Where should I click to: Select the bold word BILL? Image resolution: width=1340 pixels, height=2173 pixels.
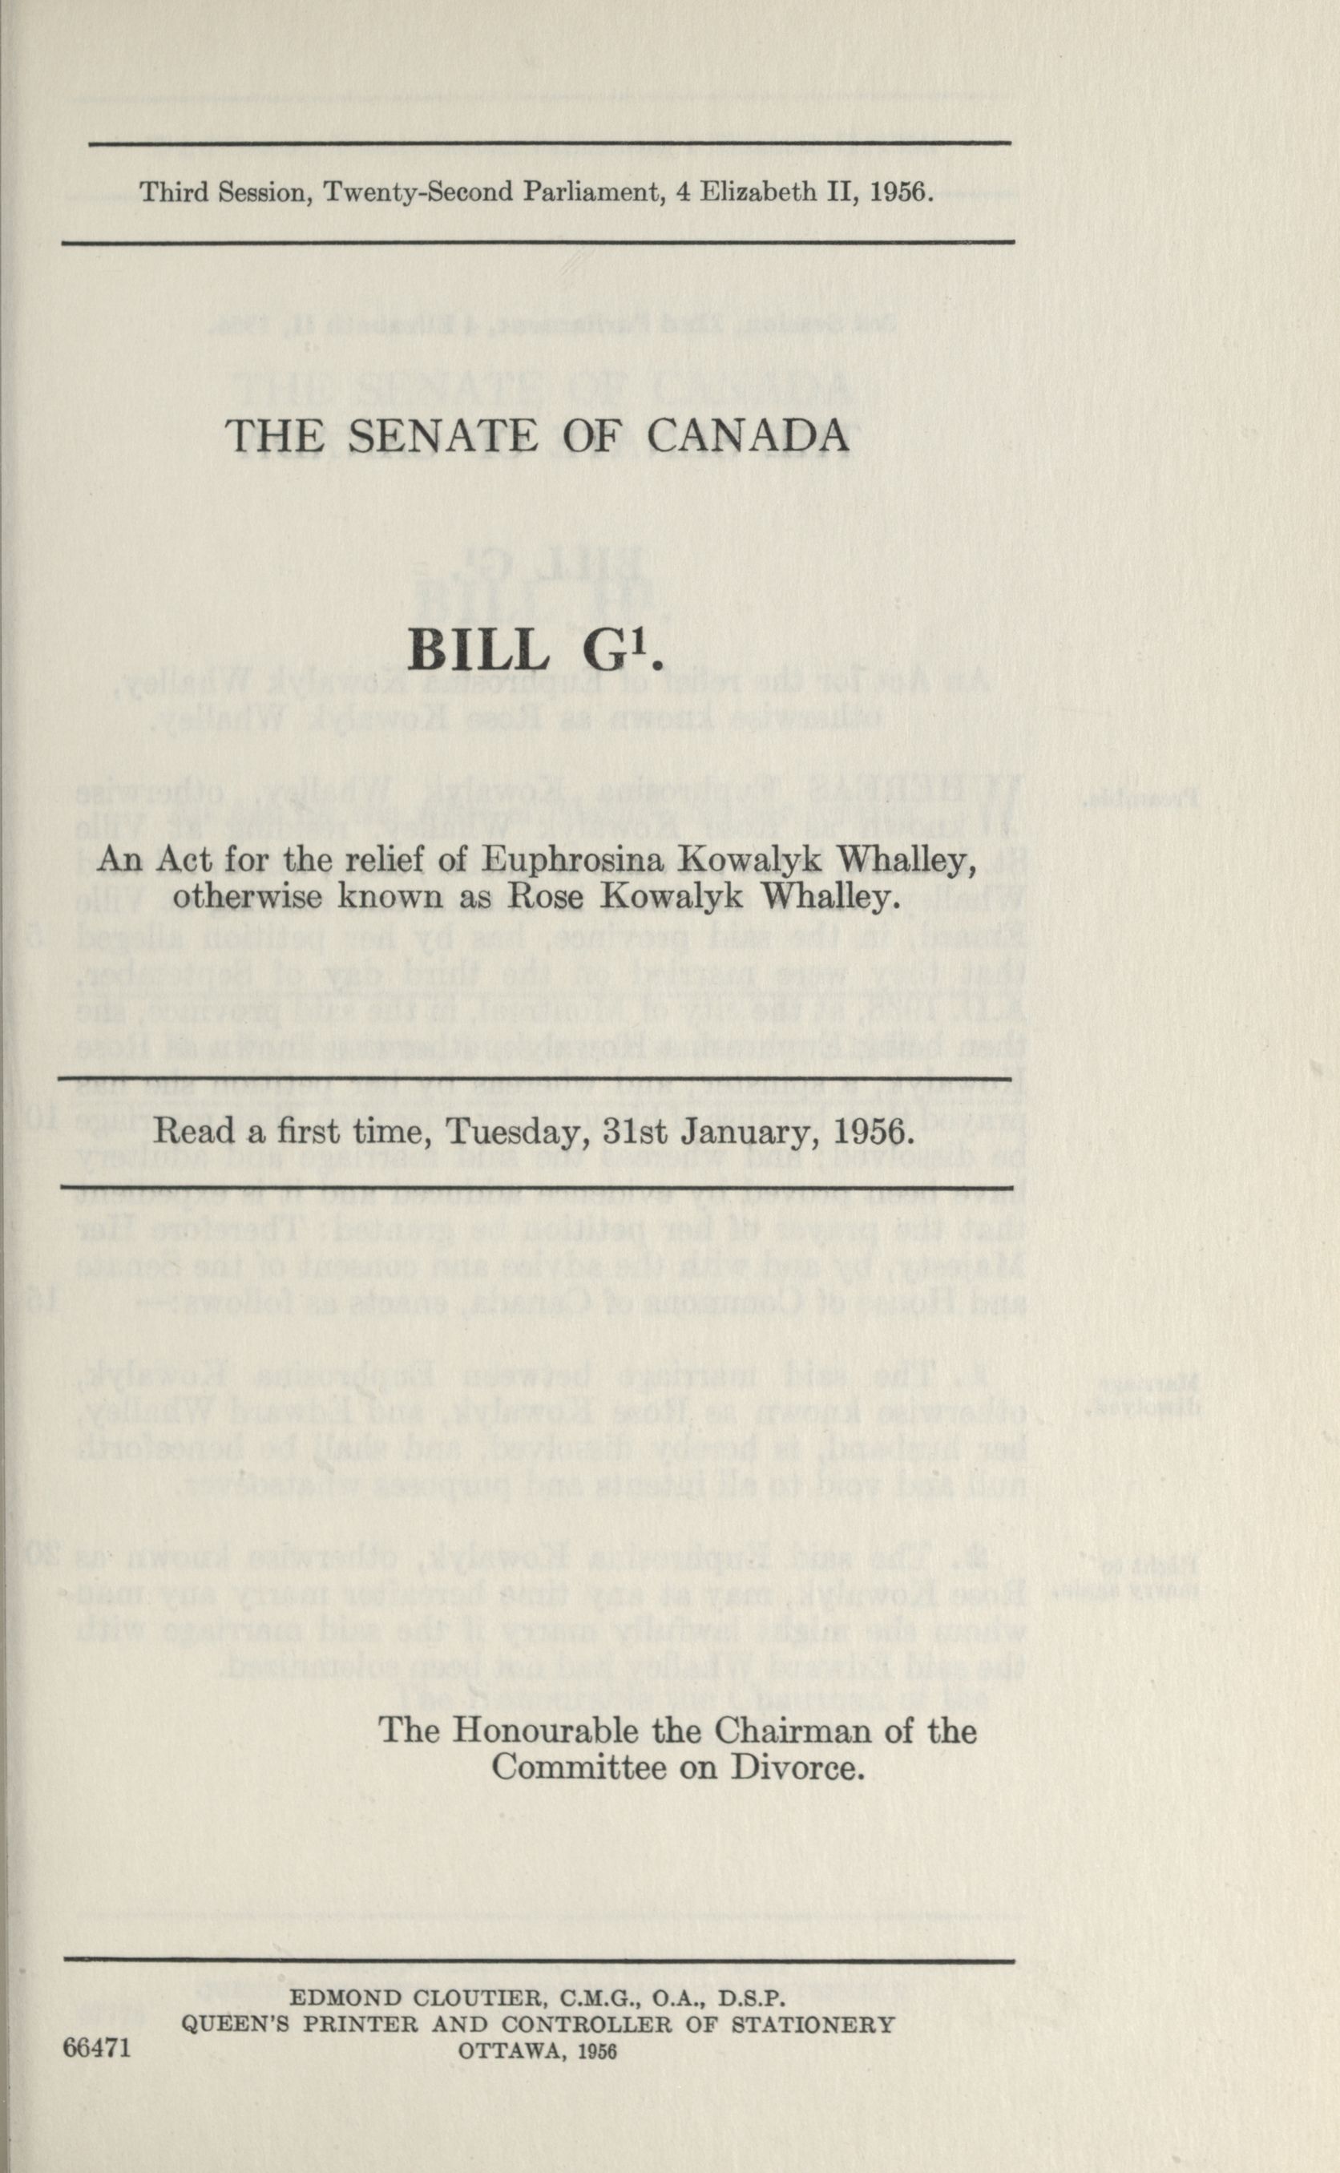[478, 652]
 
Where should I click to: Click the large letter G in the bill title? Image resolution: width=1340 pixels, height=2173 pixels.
[604, 652]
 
